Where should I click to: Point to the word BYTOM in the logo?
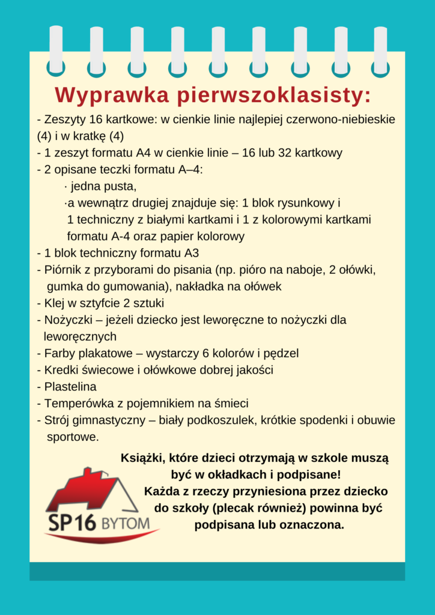[x=124, y=524]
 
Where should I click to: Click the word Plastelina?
[x=70, y=386]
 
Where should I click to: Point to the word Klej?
[x=55, y=303]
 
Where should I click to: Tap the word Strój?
[x=58, y=420]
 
